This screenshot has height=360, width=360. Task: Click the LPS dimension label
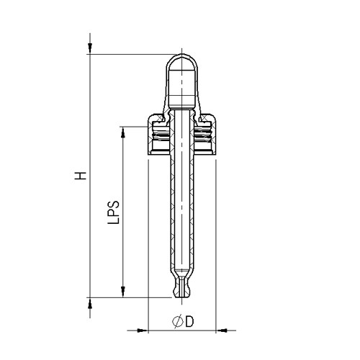pos(112,213)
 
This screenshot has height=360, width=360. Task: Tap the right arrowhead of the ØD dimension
pos(221,330)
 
